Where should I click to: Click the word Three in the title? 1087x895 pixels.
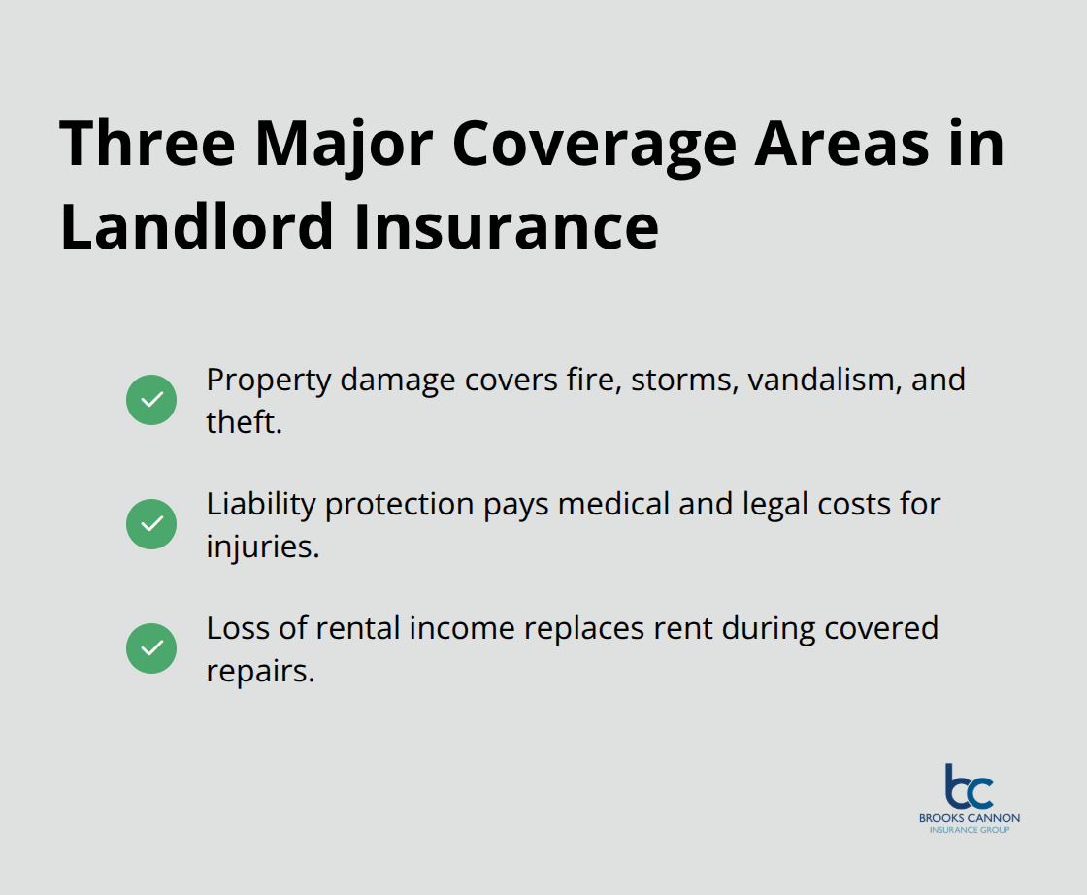(x=148, y=144)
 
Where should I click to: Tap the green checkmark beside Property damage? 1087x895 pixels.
(x=151, y=399)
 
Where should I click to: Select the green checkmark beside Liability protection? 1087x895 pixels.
(x=151, y=523)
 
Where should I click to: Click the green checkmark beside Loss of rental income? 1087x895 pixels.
(x=151, y=647)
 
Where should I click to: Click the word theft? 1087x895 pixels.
(x=244, y=422)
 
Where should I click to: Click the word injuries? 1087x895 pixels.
(x=262, y=547)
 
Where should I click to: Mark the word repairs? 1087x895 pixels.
(x=260, y=671)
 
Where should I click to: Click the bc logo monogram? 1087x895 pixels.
(x=969, y=786)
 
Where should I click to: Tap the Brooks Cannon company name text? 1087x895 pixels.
(x=969, y=818)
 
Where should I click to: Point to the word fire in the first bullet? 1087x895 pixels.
(x=592, y=380)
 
